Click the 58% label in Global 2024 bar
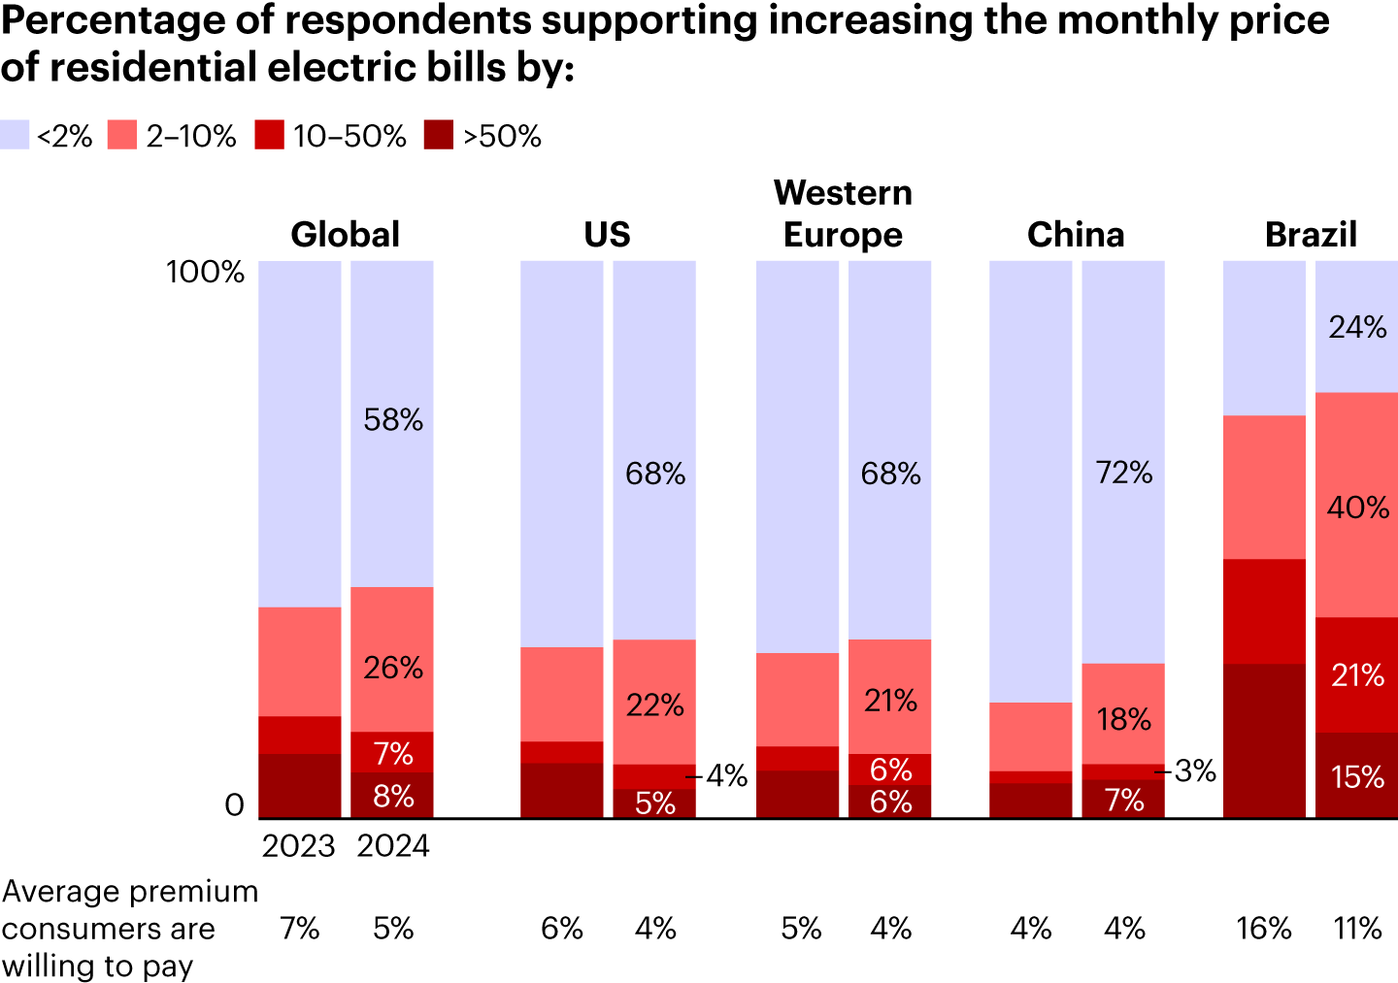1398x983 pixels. point(393,419)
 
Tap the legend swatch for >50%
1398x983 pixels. point(439,135)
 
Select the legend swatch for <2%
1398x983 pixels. point(15,135)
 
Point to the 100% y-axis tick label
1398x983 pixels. point(205,272)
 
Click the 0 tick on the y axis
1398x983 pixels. point(234,805)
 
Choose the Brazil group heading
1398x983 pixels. point(1311,235)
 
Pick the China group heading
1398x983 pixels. point(1076,235)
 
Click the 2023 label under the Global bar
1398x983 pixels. point(298,846)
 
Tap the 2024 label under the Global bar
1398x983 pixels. point(392,846)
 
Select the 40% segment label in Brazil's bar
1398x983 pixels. point(1357,507)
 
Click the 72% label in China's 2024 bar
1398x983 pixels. point(1124,473)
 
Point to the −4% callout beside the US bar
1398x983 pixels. point(717,775)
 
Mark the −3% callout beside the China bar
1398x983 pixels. point(1186,771)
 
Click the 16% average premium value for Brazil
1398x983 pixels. point(1264,929)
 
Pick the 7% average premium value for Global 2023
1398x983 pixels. point(299,929)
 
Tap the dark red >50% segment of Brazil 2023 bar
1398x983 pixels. point(1264,740)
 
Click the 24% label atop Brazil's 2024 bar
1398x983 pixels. point(1357,327)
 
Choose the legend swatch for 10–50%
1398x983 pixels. point(269,135)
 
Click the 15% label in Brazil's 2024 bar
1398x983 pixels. point(1357,776)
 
